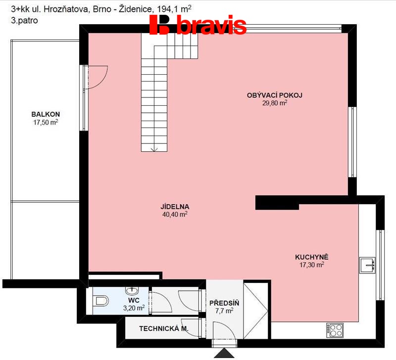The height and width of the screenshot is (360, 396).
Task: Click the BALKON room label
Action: tap(46, 114)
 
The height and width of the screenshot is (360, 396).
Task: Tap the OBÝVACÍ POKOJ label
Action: tap(275, 95)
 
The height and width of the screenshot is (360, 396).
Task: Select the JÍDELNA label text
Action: tap(175, 207)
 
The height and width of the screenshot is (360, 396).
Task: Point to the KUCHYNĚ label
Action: tap(312, 257)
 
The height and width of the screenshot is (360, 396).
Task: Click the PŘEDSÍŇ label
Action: tap(224, 303)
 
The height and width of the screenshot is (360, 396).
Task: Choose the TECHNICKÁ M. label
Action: tap(164, 328)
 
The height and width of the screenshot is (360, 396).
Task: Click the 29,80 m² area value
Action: tap(275, 103)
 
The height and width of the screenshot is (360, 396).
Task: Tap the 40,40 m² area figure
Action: tap(175, 214)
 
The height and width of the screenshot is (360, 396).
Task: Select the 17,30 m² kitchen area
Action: tap(312, 265)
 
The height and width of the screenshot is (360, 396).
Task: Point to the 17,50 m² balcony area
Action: tap(46, 122)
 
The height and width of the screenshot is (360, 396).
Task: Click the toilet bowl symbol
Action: tap(100, 301)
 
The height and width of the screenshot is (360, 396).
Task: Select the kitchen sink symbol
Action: tap(367, 265)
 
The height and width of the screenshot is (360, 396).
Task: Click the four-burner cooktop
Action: tap(335, 330)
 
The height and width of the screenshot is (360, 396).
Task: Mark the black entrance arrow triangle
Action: tap(224, 353)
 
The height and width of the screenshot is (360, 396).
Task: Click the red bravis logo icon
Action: tap(159, 24)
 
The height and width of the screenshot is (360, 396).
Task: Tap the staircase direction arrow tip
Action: tap(154, 151)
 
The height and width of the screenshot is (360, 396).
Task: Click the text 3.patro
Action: tap(24, 20)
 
